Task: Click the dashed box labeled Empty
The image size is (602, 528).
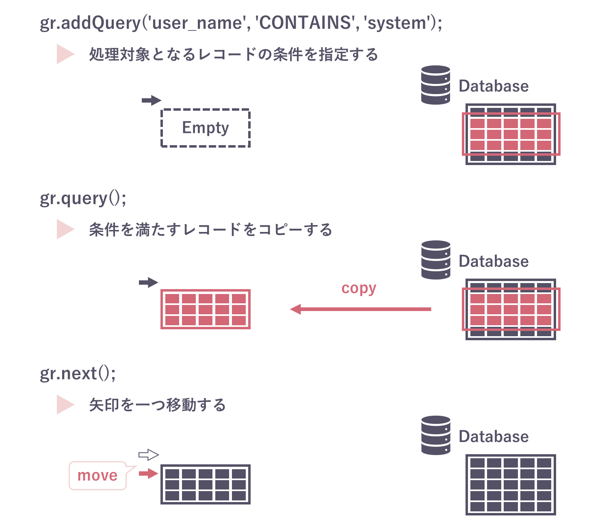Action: click(x=206, y=128)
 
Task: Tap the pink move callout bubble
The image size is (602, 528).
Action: click(x=97, y=475)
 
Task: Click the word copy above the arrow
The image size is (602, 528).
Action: click(x=359, y=288)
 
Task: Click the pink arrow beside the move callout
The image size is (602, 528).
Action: click(x=148, y=473)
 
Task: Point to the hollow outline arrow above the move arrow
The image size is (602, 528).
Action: click(x=148, y=455)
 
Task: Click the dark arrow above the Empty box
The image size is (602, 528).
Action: click(x=152, y=100)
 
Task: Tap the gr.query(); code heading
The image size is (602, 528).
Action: click(x=83, y=198)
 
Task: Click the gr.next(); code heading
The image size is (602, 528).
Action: click(x=78, y=373)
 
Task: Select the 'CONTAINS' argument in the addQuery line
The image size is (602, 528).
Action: click(x=304, y=23)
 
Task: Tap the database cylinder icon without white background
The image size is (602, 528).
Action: click(x=435, y=85)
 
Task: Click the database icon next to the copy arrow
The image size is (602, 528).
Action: click(x=435, y=260)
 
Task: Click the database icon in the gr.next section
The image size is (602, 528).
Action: click(x=435, y=435)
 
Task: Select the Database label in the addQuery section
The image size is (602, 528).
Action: click(x=494, y=86)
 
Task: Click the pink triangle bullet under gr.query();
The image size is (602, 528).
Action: click(x=65, y=230)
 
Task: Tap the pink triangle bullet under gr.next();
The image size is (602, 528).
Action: click(x=65, y=405)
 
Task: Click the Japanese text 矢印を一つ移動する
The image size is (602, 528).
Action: click(x=157, y=405)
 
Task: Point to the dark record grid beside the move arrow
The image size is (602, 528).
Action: click(x=206, y=485)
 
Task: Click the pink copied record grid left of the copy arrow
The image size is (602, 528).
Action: click(x=206, y=309)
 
